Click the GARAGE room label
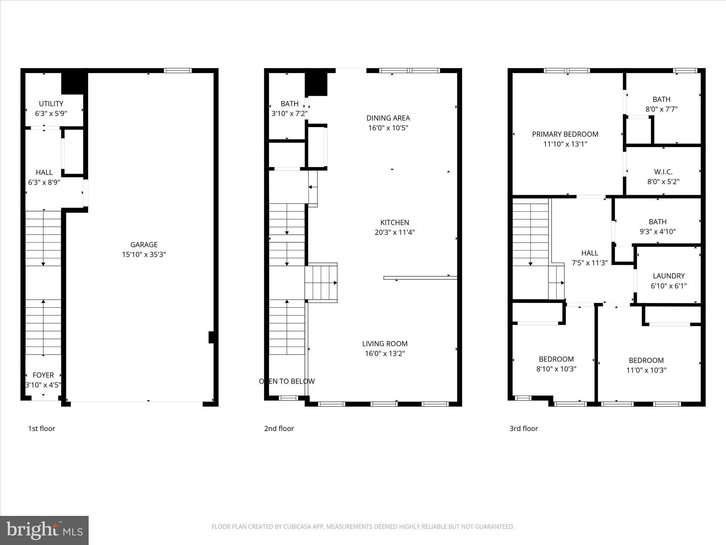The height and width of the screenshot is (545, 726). point(144,244)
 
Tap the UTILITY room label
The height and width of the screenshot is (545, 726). point(51,104)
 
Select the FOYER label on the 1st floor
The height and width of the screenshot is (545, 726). point(43,375)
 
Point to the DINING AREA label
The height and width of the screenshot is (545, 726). point(388,118)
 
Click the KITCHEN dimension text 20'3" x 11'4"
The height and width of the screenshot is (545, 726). point(395,232)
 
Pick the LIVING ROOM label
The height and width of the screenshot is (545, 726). point(385,343)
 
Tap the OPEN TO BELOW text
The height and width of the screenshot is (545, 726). point(287,381)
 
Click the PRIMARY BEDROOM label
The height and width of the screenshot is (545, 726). point(565,134)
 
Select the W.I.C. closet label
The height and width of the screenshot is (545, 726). point(663,172)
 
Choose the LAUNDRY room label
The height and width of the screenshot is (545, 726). point(669,276)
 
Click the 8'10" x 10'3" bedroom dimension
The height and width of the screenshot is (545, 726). point(556,369)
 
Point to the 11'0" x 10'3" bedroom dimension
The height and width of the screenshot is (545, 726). point(646,370)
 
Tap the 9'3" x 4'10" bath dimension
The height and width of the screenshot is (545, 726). point(658,232)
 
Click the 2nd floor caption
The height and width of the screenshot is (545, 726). point(279,428)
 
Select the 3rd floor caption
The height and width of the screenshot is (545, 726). point(524,428)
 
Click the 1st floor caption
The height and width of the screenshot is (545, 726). point(41,428)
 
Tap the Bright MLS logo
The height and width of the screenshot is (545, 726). point(44,530)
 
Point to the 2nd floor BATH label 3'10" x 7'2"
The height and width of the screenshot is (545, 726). point(289,104)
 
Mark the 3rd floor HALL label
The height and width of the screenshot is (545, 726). point(590,253)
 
